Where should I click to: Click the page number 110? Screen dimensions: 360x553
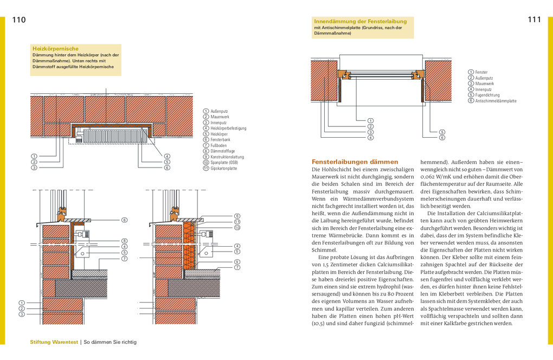[x=19, y=20]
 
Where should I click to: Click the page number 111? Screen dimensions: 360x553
[x=534, y=20]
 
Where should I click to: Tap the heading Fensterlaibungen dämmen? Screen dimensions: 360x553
[x=355, y=162]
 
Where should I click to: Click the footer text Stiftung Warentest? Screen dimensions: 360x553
[x=54, y=342]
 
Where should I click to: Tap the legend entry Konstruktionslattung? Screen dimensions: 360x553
[x=227, y=157]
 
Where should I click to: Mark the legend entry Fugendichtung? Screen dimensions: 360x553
[x=487, y=95]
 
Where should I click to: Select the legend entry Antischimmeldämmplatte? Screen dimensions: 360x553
[x=496, y=101]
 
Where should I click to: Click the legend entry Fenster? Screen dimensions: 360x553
[x=481, y=72]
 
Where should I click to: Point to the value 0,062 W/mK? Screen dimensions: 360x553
[x=439, y=177]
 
